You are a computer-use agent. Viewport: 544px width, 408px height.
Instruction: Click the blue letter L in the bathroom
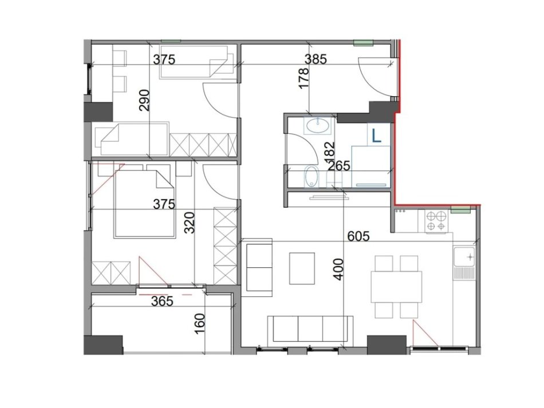(377, 136)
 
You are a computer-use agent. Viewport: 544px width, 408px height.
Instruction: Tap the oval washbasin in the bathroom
(316, 126)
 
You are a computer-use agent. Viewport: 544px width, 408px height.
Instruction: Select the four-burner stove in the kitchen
(437, 221)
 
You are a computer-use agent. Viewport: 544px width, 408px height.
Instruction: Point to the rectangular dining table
(396, 287)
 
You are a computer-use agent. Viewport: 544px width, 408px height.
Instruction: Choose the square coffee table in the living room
(302, 268)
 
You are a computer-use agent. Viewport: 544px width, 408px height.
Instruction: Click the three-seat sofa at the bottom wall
(310, 330)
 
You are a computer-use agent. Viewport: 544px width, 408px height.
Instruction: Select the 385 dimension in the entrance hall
(315, 60)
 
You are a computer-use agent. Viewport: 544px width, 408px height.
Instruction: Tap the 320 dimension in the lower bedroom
(190, 222)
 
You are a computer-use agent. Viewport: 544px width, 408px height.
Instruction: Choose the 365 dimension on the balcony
(162, 302)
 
